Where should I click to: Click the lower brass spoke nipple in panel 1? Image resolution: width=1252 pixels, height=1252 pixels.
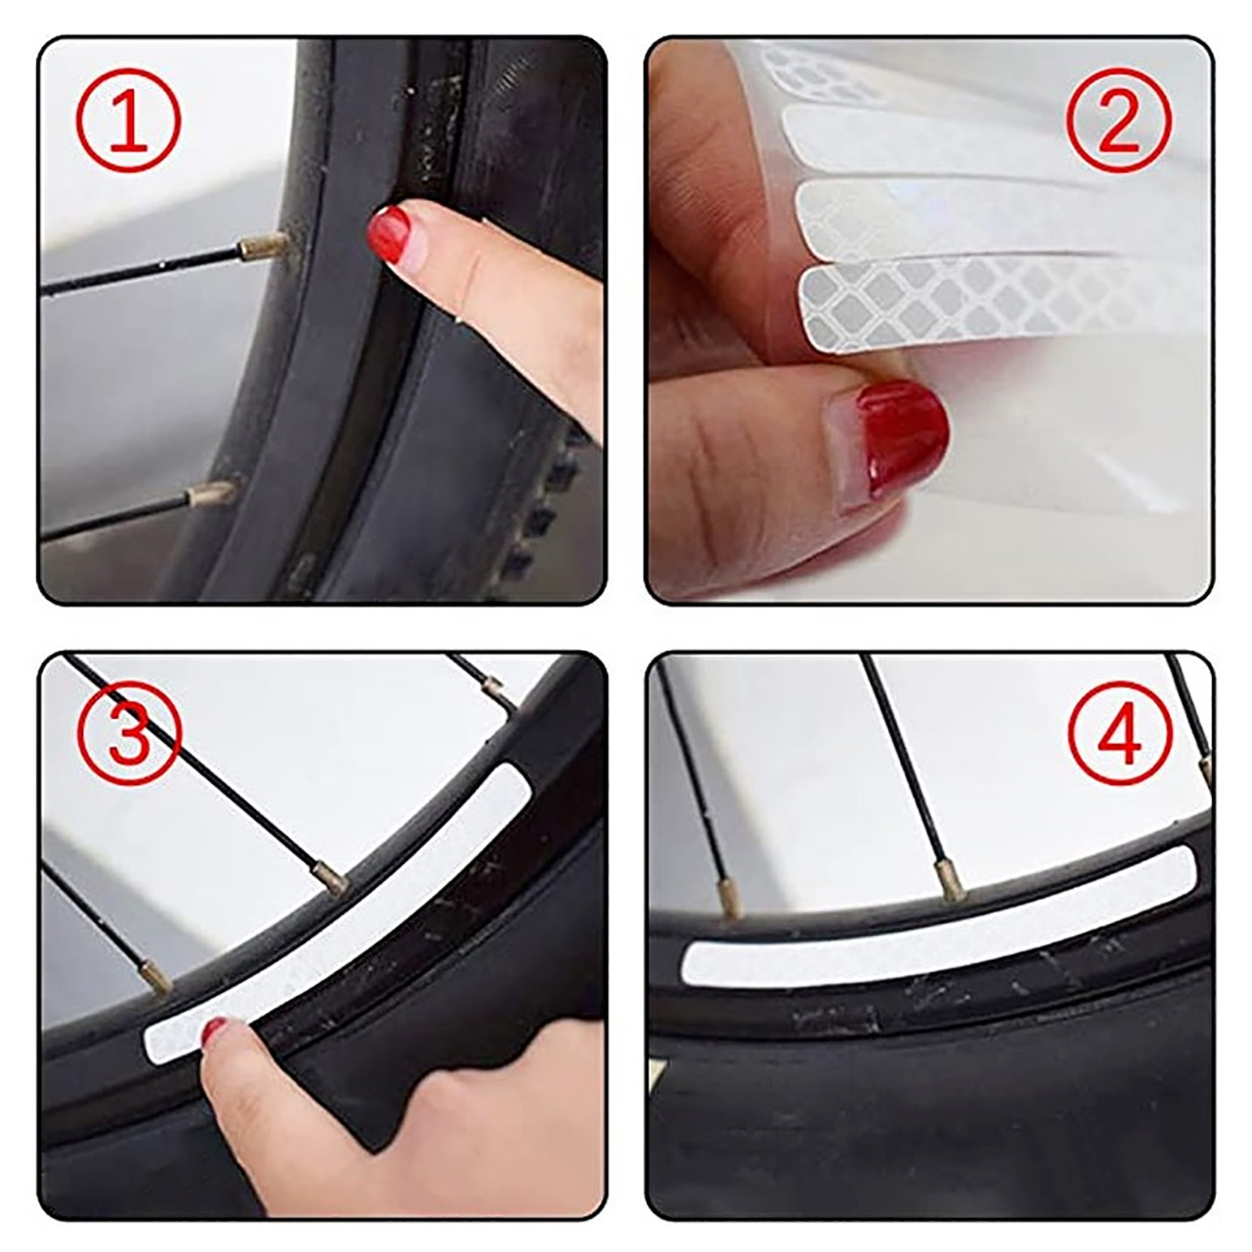tap(211, 493)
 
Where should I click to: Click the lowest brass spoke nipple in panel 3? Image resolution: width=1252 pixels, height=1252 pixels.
tap(155, 980)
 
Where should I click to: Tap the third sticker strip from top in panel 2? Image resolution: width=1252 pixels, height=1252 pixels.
tap(998, 215)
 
